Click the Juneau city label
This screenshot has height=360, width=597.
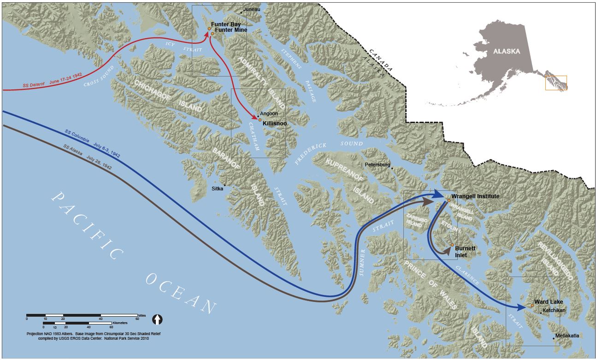(252, 9)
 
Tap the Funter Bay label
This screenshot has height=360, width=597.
(226, 24)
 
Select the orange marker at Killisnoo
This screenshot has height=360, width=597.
(260, 120)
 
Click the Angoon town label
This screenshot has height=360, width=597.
(269, 113)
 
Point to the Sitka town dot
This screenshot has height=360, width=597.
(225, 185)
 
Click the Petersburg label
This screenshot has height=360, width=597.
(378, 164)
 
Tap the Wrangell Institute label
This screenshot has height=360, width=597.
(475, 196)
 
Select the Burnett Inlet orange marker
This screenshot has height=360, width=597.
(452, 245)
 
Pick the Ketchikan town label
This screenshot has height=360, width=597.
(554, 311)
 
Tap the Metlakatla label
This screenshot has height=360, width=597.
(567, 336)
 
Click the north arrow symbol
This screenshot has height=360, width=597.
(158, 319)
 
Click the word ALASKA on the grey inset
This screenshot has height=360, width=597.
(506, 52)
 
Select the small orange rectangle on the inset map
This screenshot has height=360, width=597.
(556, 83)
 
